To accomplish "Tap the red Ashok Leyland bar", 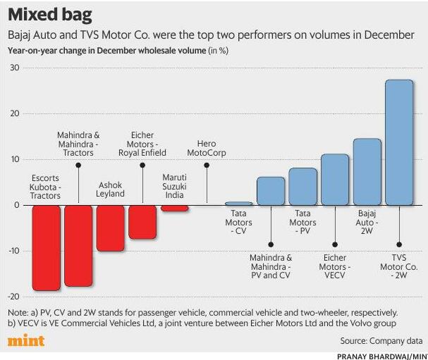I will pyautogui.click(x=110, y=228).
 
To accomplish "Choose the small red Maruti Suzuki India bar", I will pyautogui.click(x=174, y=208).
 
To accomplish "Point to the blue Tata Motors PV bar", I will pyautogui.click(x=302, y=187).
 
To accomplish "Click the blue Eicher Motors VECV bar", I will pyautogui.click(x=335, y=180).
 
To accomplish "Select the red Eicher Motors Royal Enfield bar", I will pyautogui.click(x=142, y=221).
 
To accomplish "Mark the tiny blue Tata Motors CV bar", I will pyautogui.click(x=238, y=204).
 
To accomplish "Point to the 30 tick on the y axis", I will pyautogui.click(x=14, y=68).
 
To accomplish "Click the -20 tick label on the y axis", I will pyautogui.click(x=13, y=297).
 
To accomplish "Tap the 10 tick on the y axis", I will pyautogui.click(x=14, y=159).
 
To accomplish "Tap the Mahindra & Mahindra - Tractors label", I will pyautogui.click(x=78, y=144).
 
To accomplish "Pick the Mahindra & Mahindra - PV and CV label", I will pyautogui.click(x=271, y=267).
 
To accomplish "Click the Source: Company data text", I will pyautogui.click(x=382, y=341).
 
